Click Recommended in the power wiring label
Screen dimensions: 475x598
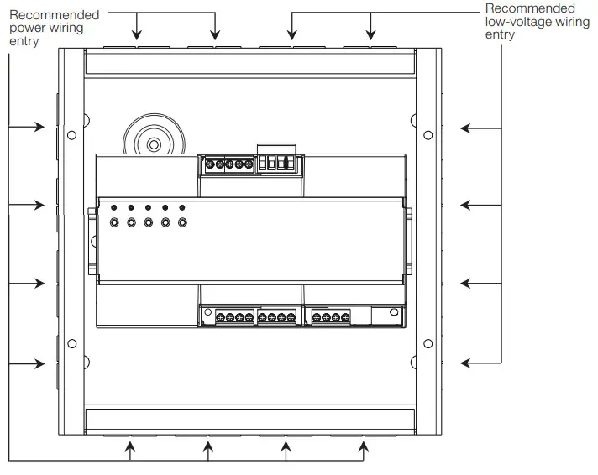[x=55, y=14]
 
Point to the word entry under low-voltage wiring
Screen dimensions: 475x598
[x=500, y=35]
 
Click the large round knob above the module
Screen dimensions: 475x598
[x=154, y=144]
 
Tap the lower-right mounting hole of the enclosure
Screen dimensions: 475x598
[x=428, y=342]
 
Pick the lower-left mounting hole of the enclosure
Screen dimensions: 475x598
[x=71, y=342]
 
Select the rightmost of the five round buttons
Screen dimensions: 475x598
[x=182, y=223]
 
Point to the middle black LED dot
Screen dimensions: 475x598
[x=148, y=207]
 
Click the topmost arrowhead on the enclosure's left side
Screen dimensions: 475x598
[x=39, y=128]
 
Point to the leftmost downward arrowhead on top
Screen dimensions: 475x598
[x=137, y=35]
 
